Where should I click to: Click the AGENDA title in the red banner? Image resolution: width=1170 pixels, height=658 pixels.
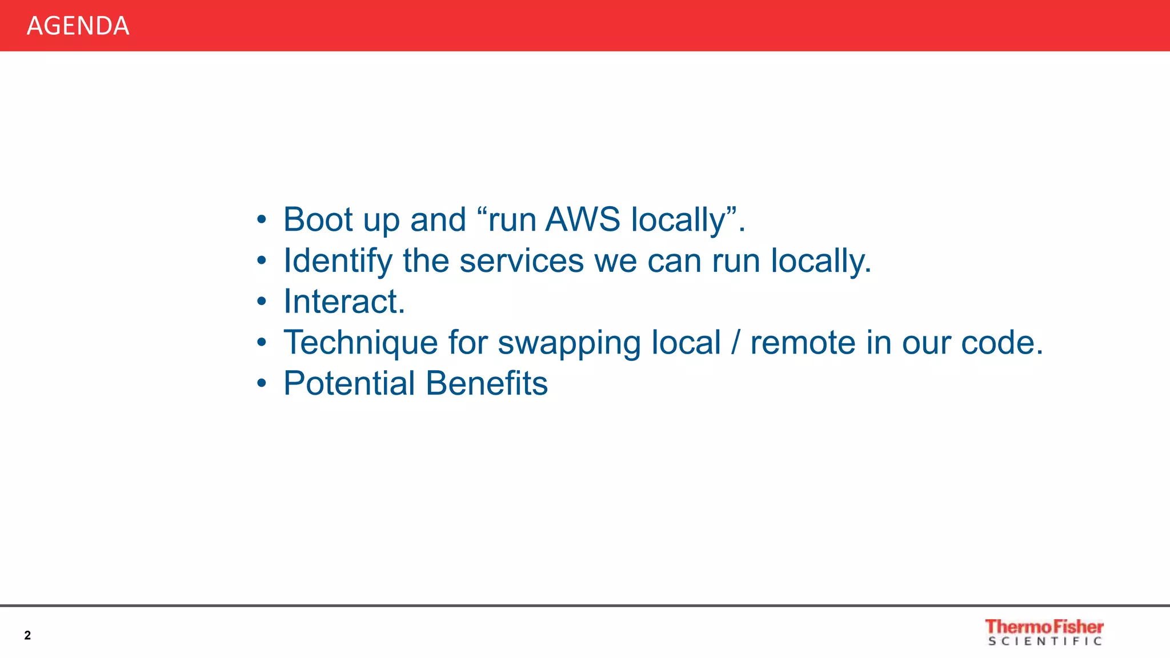78,26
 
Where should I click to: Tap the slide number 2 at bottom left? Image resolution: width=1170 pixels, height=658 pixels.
27,635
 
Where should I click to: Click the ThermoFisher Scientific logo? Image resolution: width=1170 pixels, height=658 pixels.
1044,632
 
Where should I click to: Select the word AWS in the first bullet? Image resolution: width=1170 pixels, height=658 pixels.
583,219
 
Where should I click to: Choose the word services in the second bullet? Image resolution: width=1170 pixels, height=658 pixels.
522,261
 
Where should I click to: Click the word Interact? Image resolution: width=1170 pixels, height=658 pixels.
344,302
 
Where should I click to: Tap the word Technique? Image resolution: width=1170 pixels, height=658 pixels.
360,343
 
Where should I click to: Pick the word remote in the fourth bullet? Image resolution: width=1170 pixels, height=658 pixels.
803,343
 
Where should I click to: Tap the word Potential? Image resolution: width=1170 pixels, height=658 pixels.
349,383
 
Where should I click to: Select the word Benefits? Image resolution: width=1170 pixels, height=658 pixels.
487,383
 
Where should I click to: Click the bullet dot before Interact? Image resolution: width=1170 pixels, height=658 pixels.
262,301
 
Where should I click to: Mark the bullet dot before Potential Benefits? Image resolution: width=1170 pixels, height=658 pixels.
262,383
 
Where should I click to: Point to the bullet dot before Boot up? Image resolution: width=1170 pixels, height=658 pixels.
262,219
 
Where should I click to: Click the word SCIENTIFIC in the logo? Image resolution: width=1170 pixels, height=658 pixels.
1045,641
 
